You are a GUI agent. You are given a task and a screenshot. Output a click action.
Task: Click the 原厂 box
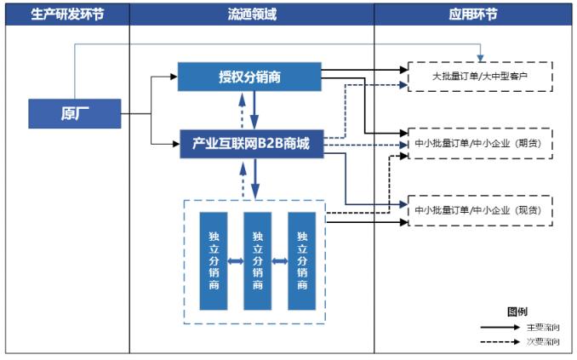75,113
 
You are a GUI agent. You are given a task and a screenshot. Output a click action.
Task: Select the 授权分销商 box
249,77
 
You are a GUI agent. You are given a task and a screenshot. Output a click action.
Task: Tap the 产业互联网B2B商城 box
252,144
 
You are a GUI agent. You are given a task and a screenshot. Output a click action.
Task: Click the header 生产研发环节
67,14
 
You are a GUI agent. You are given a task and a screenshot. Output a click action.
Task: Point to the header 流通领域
252,14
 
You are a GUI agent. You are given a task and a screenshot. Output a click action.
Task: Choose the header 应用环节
473,14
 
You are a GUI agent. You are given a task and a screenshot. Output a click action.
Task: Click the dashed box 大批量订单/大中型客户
480,77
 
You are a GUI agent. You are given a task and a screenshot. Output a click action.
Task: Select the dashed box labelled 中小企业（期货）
480,144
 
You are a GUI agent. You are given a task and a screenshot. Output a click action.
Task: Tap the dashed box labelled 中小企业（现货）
480,210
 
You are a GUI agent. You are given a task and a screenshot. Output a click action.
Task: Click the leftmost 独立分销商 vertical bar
214,261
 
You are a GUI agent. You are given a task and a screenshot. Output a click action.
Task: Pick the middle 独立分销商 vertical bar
258,261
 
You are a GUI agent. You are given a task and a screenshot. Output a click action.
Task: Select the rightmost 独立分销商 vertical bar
302,261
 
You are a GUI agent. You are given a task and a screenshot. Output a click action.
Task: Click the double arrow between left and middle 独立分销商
236,261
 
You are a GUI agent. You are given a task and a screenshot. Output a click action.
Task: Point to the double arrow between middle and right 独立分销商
280,261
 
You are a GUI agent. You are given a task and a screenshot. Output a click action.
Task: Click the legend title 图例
517,311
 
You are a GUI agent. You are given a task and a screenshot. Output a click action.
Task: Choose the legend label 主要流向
543,328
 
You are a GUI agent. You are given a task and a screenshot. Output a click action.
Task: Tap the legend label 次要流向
543,341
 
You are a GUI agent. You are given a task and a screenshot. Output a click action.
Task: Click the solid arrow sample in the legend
500,327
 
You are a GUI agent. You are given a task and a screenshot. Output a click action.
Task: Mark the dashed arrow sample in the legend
500,341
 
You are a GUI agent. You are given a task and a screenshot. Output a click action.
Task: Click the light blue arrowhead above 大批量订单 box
480,58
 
